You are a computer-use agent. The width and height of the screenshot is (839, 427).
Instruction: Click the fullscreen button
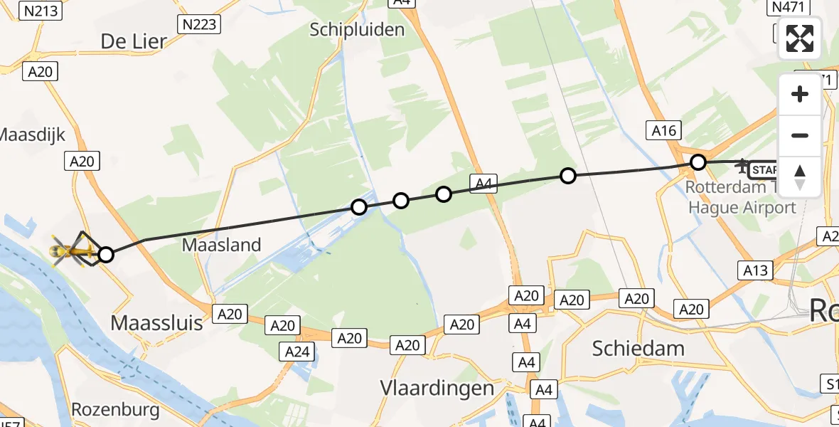(800, 38)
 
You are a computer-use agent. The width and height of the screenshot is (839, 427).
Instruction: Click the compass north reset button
(800, 177)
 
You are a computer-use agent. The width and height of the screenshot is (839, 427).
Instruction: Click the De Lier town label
(134, 41)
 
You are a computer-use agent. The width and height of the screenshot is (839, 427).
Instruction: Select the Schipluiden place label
(358, 29)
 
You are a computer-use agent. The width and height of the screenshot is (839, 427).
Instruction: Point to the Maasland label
(222, 245)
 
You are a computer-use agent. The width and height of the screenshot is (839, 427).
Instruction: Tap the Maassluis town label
(157, 323)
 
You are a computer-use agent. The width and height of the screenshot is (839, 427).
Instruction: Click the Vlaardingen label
(437, 389)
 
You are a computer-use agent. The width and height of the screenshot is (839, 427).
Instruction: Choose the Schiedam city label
(638, 348)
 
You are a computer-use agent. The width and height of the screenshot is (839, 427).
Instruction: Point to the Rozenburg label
(115, 411)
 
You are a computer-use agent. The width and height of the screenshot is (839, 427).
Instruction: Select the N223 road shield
(200, 25)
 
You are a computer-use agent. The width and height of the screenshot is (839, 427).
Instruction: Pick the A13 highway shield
(755, 270)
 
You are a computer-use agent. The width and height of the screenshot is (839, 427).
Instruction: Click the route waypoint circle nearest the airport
(698, 162)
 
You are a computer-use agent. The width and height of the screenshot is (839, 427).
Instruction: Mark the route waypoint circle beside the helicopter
(105, 254)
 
